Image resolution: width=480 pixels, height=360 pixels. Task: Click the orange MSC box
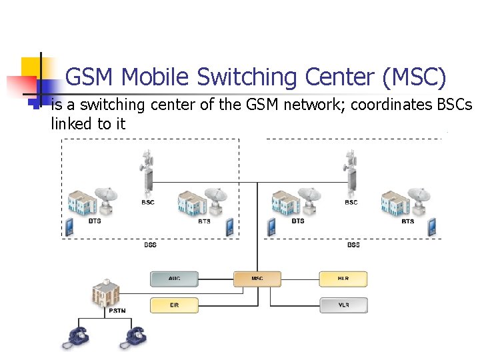click(x=257, y=279)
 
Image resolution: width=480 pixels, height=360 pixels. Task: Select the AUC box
click(x=174, y=279)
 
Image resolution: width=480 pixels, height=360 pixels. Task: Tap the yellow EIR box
click(x=174, y=305)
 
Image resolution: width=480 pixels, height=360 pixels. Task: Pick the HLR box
click(x=343, y=279)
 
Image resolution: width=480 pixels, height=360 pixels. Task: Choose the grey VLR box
click(x=343, y=305)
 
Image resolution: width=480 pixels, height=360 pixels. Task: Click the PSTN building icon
click(x=106, y=291)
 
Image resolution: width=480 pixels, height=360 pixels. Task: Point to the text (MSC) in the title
click(x=414, y=78)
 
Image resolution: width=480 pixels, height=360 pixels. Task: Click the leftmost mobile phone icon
click(x=69, y=227)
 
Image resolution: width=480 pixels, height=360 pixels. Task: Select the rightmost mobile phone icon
click(x=432, y=227)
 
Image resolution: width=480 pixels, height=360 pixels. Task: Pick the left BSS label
click(x=150, y=245)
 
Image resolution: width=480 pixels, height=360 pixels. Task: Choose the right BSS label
click(x=353, y=245)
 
